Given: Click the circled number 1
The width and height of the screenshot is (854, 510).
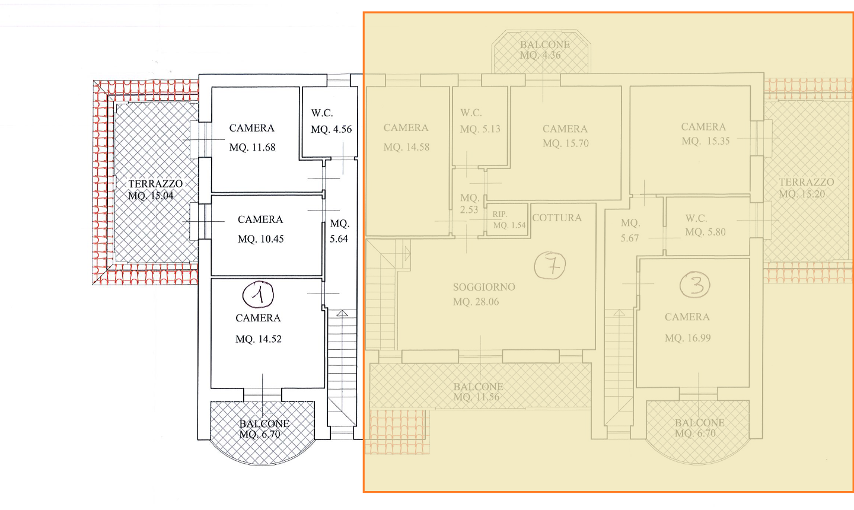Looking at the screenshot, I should [x=258, y=295].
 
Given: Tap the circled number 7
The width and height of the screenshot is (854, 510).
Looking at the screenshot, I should [x=550, y=265].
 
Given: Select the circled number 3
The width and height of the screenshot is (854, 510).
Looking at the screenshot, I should [x=695, y=285].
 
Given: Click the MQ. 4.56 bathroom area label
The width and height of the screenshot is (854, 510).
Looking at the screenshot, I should [x=331, y=129].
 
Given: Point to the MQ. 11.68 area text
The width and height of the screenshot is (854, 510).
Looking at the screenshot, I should [x=252, y=148].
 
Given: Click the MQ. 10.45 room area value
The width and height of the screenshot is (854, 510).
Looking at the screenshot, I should [x=260, y=239].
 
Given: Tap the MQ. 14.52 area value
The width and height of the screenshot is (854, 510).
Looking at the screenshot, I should [x=258, y=339].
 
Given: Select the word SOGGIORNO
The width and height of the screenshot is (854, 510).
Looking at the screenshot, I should [x=484, y=287].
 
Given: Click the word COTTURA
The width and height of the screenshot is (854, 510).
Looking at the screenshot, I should [x=557, y=218].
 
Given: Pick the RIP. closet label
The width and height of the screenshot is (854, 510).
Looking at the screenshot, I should [x=499, y=214].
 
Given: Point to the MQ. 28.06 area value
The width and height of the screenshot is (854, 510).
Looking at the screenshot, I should [x=476, y=302].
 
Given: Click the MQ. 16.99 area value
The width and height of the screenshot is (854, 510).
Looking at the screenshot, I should [x=687, y=338].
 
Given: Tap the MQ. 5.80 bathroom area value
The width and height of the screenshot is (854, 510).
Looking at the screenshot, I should [x=705, y=232].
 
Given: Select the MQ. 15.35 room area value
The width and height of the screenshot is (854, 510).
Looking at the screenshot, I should [x=706, y=141].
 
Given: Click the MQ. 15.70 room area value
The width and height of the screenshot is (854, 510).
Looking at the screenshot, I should [x=565, y=144].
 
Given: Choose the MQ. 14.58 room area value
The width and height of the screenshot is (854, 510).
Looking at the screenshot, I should [x=406, y=147].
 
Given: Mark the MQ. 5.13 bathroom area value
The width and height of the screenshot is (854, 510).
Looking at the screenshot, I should [x=480, y=129].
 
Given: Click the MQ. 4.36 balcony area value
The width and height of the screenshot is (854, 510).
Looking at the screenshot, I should [x=540, y=55].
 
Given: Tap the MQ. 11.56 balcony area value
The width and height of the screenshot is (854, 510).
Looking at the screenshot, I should [x=476, y=397].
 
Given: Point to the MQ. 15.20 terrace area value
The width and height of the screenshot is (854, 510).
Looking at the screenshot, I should [x=802, y=194].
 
